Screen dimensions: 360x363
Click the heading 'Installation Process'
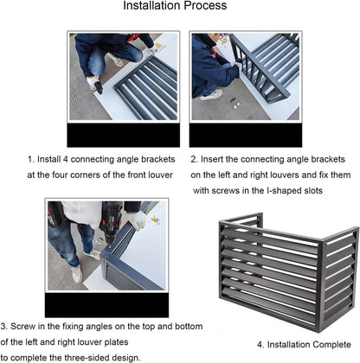175,6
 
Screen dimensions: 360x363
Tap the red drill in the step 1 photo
99,87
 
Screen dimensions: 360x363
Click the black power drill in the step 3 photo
111,222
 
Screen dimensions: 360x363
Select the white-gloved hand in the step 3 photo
137,220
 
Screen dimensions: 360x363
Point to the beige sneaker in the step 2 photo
212,95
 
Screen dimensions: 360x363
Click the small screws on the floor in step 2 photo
236,106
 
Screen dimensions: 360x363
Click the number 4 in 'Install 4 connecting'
65,159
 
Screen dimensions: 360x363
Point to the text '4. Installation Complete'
304,345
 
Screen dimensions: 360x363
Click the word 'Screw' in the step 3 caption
22,327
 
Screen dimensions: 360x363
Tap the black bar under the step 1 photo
124,135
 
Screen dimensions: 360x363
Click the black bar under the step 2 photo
246,135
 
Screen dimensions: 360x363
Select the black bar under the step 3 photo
106,305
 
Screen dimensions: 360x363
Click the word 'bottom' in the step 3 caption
189,327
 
